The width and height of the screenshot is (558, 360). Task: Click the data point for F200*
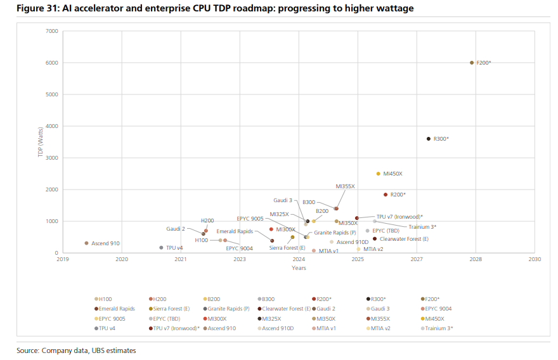pos(472,63)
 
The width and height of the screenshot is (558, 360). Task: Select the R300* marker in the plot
pos(429,139)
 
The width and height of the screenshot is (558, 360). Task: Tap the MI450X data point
pos(379,174)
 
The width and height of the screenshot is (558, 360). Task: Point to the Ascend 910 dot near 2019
pos(86,243)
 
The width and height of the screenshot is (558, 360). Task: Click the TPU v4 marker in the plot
pos(161,248)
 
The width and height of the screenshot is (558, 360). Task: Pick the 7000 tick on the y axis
pos(52,31)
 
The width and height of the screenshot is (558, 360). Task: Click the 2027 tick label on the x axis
pos(417,259)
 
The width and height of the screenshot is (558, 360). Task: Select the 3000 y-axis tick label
pos(52,158)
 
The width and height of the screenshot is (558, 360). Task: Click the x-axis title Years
pos(299,267)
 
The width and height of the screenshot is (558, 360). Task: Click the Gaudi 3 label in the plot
pos(283,200)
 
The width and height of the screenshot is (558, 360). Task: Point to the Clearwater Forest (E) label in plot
pos(404,239)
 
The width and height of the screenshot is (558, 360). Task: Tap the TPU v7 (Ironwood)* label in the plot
pos(399,216)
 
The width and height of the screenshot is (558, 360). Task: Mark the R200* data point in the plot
pos(385,195)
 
